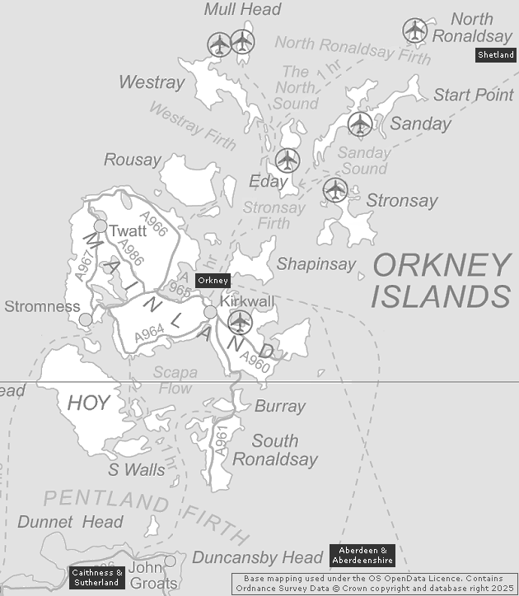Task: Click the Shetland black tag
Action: tap(496, 55)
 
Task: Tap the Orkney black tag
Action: tap(213, 280)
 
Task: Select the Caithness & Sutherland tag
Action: tap(97, 577)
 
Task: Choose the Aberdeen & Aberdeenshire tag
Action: tap(362, 555)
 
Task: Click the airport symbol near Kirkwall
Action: tap(240, 321)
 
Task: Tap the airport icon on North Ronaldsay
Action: tap(415, 30)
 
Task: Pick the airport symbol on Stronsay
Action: tap(335, 189)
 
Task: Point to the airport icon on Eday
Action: tap(288, 160)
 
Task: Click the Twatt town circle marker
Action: tap(101, 226)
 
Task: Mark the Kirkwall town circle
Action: tap(210, 312)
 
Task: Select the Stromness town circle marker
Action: tap(85, 318)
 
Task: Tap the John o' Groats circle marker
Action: tap(170, 561)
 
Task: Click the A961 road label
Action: tap(220, 440)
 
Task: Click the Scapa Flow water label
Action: tap(175, 380)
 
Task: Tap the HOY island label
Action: tap(88, 403)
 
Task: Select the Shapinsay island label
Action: tap(316, 264)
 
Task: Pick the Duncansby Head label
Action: tap(256, 557)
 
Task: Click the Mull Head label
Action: tap(242, 10)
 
